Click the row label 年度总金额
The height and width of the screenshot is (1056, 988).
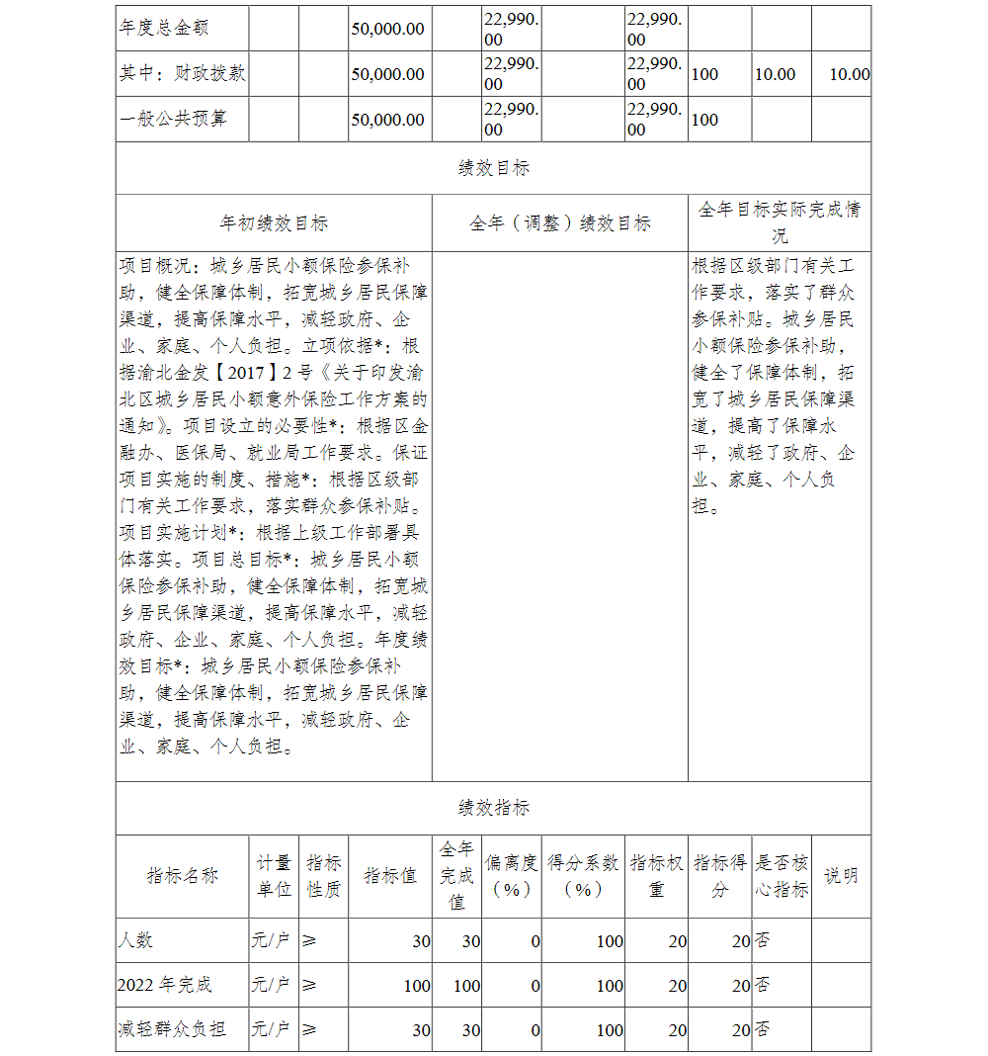164,29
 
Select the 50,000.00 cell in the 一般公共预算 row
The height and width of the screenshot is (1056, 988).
387,120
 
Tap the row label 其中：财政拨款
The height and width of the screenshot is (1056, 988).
183,74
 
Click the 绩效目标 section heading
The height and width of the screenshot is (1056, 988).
493,168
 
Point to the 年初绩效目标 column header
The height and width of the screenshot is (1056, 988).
274,223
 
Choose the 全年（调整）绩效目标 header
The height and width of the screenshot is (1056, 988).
559,223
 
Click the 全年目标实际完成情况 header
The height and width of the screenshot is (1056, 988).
779,222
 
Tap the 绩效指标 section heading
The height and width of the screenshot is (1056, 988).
493,808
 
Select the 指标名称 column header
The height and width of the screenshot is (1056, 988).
182,876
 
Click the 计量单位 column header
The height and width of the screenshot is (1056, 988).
274,876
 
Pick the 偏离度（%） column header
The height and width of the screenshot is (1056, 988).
512,876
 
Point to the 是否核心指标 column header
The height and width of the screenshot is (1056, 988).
782,876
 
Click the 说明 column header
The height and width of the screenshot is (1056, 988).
841,876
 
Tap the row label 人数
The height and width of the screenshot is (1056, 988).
135,940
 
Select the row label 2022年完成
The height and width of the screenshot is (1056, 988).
164,986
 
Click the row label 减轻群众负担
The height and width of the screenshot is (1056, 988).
172,1030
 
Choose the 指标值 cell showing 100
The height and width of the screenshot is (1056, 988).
417,986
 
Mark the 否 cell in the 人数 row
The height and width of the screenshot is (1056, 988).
763,940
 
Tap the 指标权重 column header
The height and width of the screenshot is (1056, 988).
656,876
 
